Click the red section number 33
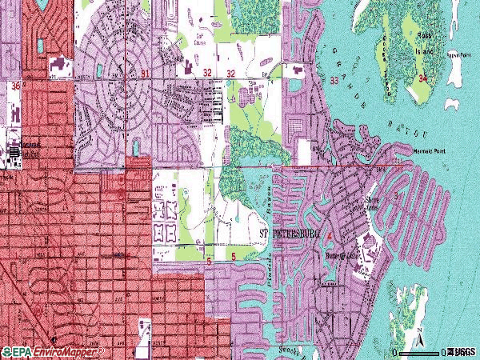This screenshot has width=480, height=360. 333,80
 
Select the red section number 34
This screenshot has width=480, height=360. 422,78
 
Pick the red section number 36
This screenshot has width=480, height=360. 15,83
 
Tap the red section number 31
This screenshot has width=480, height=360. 144,74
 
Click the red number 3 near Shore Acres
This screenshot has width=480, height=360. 395,195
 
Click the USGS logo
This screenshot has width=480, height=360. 461,351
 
